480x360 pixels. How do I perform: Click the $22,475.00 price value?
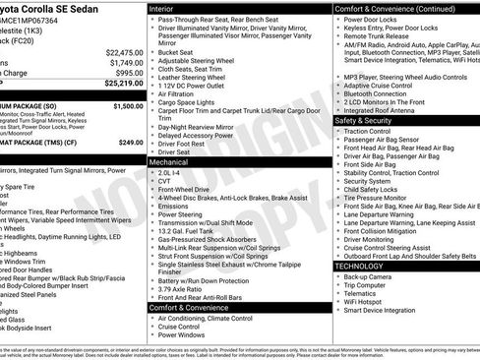124,52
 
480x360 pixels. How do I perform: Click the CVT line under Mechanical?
164,181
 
